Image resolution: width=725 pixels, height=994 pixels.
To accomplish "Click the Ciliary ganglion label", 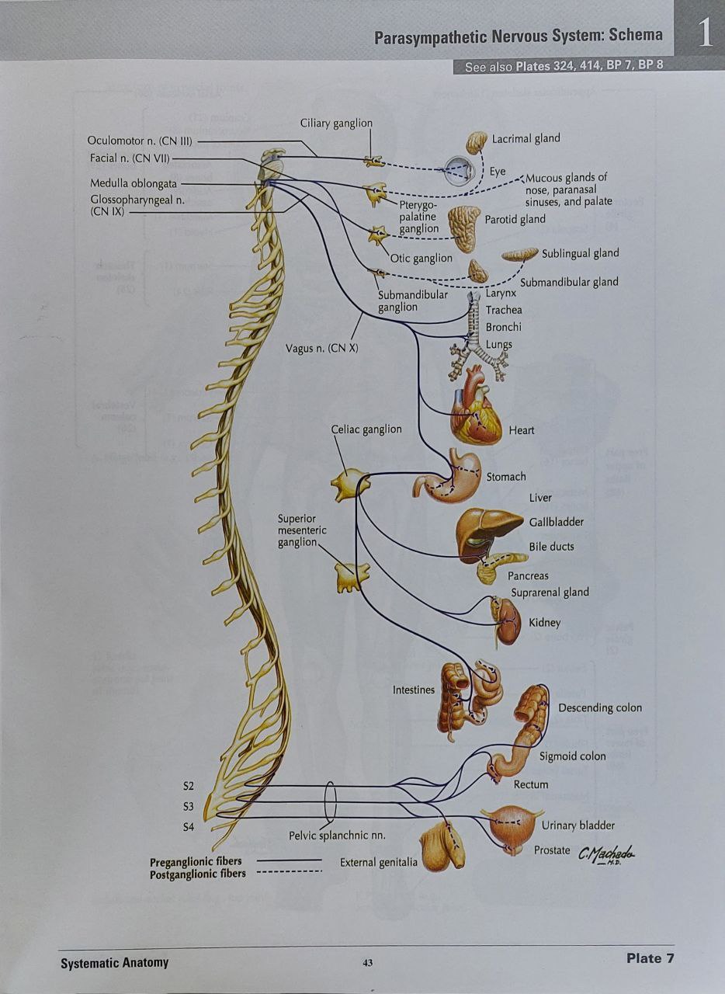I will (336, 123).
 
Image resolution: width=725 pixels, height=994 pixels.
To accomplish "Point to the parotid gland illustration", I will (463, 228).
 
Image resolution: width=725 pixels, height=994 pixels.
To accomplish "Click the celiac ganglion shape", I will (350, 485).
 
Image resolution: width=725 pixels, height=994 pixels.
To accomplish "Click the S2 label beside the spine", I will (188, 787).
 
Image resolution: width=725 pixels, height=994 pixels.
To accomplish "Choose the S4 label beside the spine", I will (188, 827).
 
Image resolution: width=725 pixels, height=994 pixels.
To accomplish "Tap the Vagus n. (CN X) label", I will (322, 348).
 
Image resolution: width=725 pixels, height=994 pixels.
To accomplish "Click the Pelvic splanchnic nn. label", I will (337, 836).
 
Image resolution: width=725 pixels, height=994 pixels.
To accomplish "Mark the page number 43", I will (367, 963).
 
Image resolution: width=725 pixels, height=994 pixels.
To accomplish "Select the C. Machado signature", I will (605, 854).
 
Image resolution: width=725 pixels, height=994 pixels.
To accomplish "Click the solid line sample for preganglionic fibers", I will (289, 860).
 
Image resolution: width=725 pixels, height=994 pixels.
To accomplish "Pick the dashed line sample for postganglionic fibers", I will (289, 872).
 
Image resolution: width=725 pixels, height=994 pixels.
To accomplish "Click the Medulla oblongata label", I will (134, 184).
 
